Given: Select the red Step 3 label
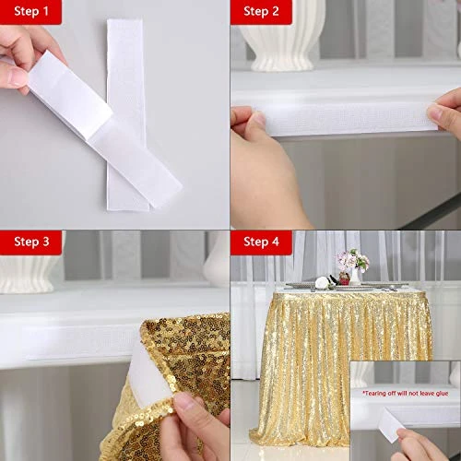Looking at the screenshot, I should tap(37, 242).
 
